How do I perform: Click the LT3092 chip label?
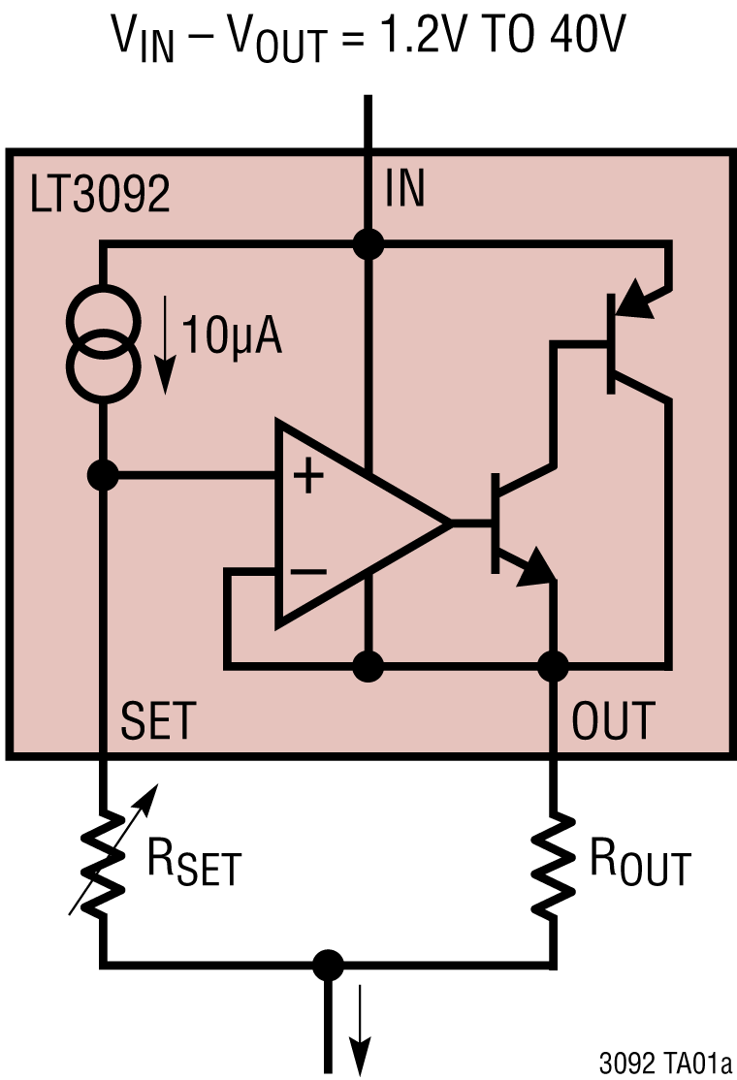pos(101,195)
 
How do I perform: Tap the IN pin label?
pos(404,189)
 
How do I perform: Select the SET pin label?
pos(158,721)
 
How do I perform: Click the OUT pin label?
pos(614,721)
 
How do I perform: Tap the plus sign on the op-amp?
pos(308,476)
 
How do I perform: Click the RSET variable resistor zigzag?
pos(102,853)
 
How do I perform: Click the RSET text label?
pos(193,860)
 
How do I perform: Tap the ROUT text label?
pos(640,860)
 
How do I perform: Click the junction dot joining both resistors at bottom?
pos(330,966)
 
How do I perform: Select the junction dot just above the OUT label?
pos(554,666)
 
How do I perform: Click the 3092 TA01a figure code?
pos(663,1063)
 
